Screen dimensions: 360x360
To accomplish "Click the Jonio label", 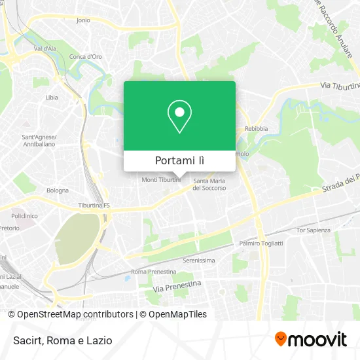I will (83, 20).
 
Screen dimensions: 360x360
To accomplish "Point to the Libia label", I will (52, 98).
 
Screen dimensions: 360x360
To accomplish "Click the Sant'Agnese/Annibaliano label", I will (39, 141).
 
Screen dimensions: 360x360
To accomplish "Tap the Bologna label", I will (57, 190).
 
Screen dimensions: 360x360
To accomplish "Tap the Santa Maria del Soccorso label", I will (209, 184).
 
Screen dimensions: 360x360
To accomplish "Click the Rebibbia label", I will (257, 128).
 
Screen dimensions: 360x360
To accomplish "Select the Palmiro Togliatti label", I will (261, 243).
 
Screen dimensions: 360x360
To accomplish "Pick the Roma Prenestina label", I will (154, 272).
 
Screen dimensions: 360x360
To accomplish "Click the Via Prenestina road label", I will (176, 285).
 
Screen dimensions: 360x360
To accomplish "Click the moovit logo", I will (311, 339).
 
